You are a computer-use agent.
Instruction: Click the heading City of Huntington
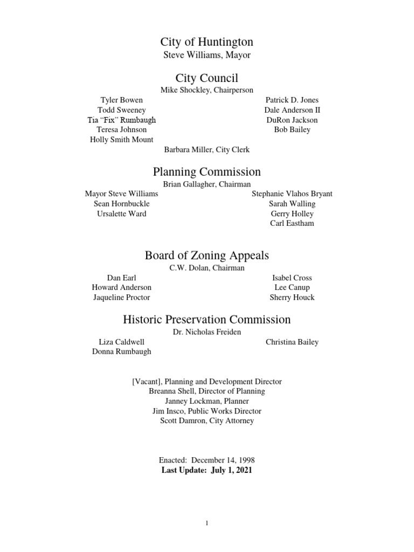[206, 42]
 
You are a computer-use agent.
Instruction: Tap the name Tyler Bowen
[122, 100]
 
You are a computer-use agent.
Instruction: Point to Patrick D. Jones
[292, 100]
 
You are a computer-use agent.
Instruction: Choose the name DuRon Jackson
[292, 120]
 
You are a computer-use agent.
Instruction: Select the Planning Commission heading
[206, 172]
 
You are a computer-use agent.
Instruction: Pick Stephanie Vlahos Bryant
[292, 194]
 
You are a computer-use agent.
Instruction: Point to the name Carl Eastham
[292, 224]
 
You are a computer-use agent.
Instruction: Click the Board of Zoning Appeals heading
[206, 256]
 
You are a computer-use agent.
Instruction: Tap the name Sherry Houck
[292, 298]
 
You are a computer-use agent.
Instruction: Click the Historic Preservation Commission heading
[206, 320]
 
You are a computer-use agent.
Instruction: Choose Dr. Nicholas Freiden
[206, 332]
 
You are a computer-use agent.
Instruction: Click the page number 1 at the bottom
[207, 523]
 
